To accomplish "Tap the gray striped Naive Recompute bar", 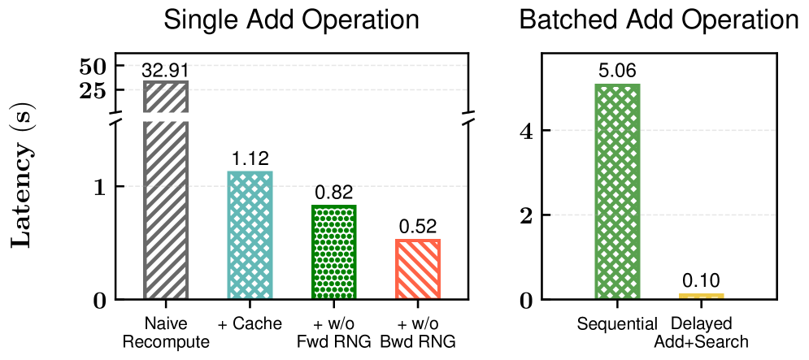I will [166, 211].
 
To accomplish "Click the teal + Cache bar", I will [250, 236].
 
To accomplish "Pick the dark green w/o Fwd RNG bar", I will [333, 253].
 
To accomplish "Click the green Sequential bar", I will [617, 192].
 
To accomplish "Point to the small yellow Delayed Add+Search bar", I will [701, 296].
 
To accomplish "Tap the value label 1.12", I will [250, 159].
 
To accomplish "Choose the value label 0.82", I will [333, 193].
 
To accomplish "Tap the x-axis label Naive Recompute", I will [166, 332].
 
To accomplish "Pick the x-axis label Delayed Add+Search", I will [701, 332].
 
